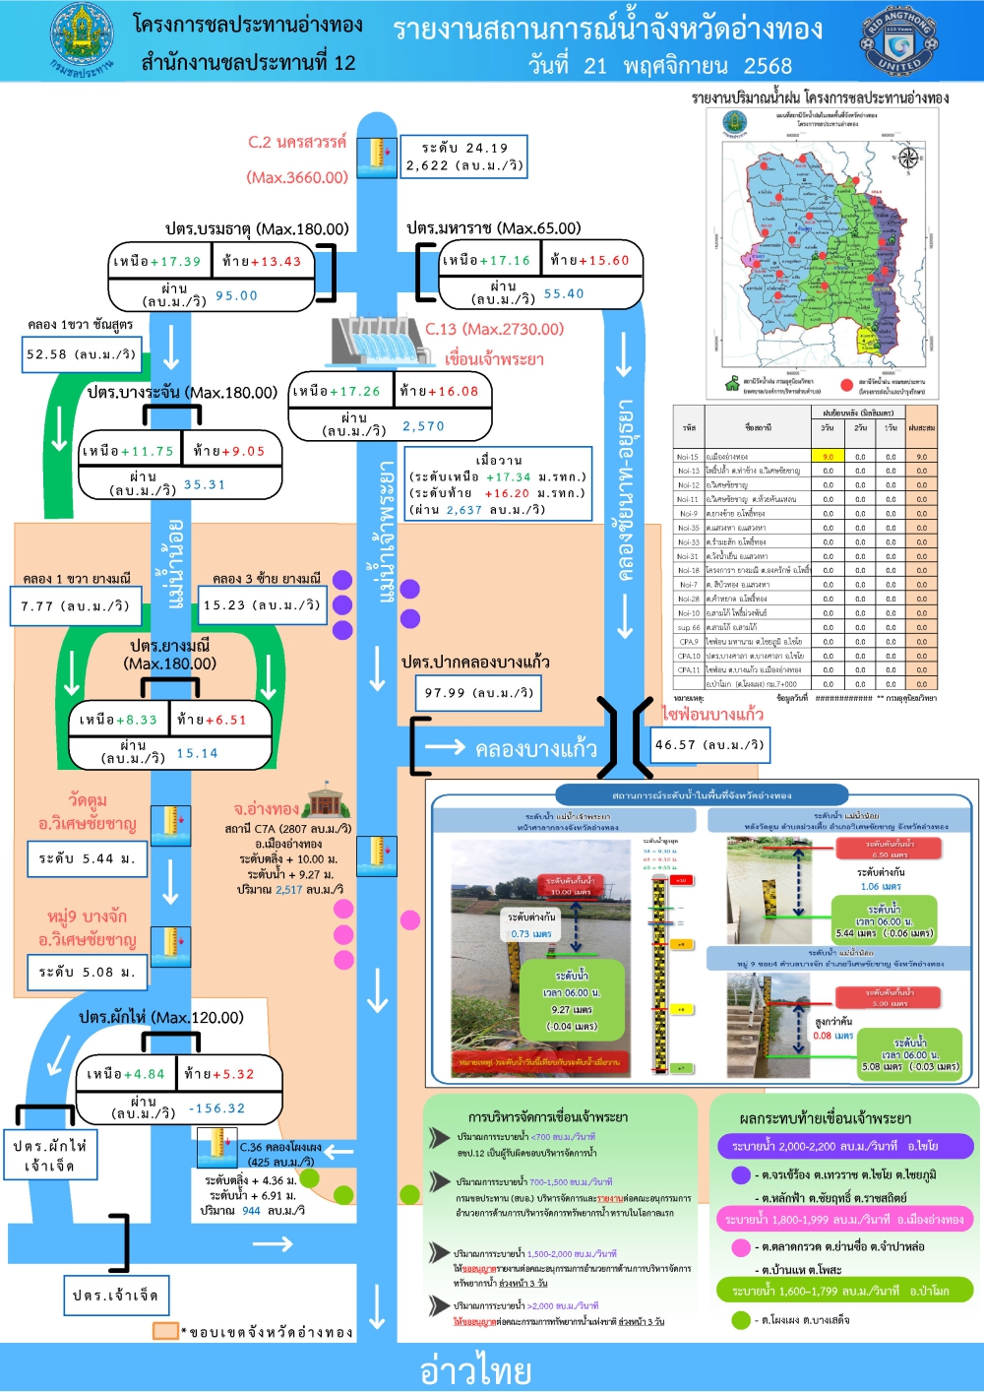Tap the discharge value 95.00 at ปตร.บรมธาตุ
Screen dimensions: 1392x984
point(236,295)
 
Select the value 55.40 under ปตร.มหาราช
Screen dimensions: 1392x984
point(564,293)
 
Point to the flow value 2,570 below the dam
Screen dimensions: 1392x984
point(423,426)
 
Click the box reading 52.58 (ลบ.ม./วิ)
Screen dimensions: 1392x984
point(82,354)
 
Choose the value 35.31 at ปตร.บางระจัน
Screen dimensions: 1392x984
point(205,484)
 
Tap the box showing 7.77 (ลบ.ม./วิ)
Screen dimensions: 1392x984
point(76,605)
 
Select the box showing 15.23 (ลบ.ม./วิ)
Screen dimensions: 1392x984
point(262,604)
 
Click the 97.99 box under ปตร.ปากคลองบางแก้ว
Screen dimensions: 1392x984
point(479,692)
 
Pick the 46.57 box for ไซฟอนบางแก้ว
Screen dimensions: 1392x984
point(709,744)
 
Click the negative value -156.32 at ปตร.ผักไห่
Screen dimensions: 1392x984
point(217,1108)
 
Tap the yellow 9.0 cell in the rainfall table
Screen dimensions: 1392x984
point(828,456)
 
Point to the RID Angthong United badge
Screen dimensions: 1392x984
point(899,42)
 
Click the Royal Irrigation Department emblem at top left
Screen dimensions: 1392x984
point(82,40)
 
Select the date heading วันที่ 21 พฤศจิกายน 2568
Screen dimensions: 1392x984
point(659,66)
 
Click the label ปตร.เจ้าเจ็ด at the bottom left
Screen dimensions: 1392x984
point(115,1295)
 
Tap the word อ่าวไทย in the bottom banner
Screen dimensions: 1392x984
point(476,1369)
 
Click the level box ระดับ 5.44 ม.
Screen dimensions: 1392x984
point(87,858)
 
